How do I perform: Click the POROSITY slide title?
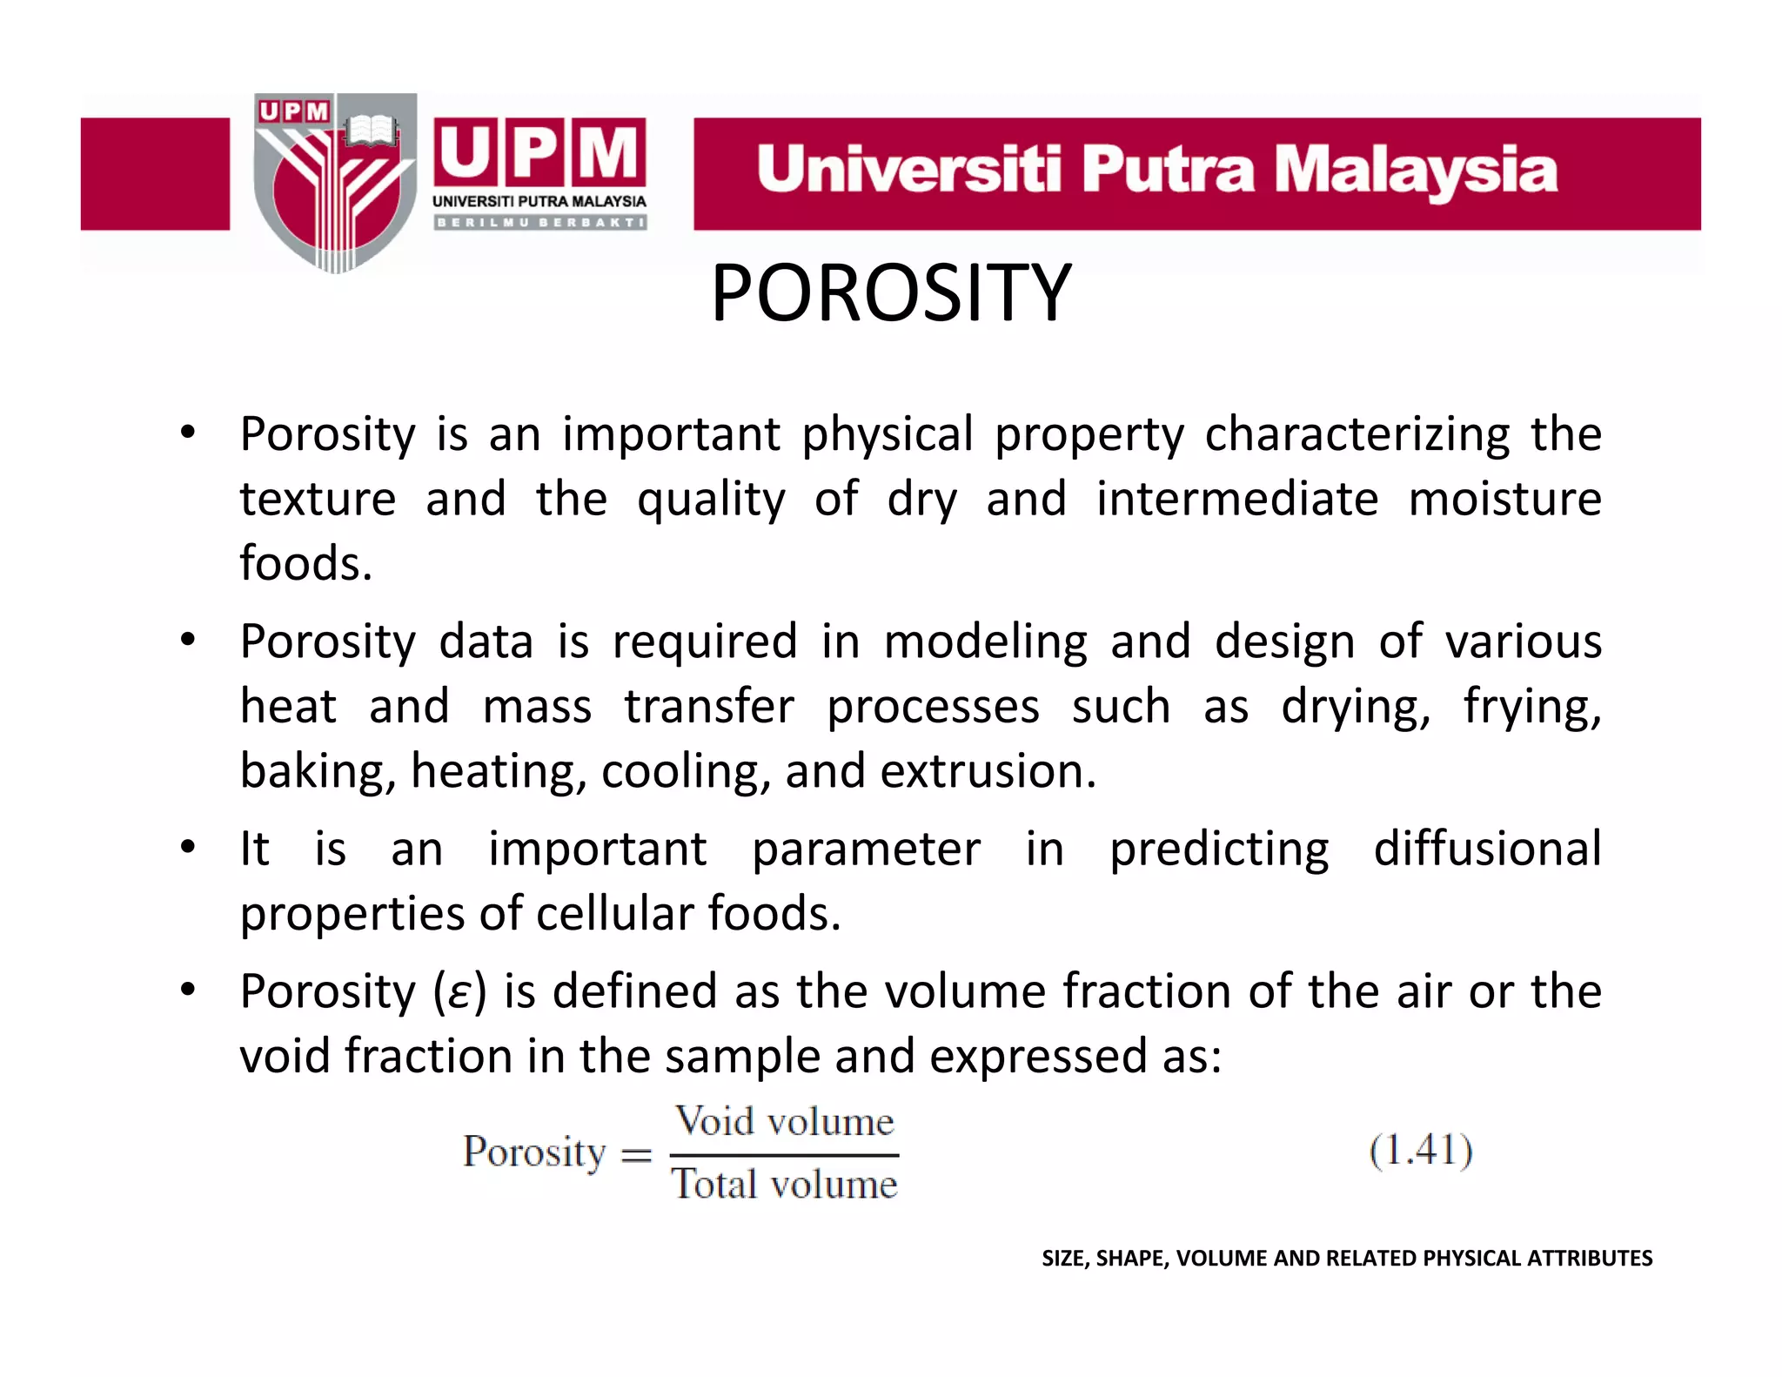(891, 293)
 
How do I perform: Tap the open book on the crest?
(371, 131)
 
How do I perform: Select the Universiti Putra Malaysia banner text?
(1156, 170)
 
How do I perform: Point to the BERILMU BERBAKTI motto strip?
(539, 223)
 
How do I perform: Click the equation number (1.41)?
(1421, 1151)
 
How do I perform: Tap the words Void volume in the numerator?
(785, 1122)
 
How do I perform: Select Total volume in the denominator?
(784, 1185)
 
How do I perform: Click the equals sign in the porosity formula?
(636, 1154)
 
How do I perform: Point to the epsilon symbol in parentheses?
(459, 992)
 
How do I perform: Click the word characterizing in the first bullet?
(1357, 433)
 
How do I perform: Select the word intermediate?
(1236, 499)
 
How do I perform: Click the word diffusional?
(1487, 848)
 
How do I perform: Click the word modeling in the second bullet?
(985, 641)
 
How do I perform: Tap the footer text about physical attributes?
(1346, 1258)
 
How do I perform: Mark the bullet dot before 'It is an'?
(187, 847)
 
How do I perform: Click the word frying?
(1531, 706)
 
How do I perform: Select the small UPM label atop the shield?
(294, 111)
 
